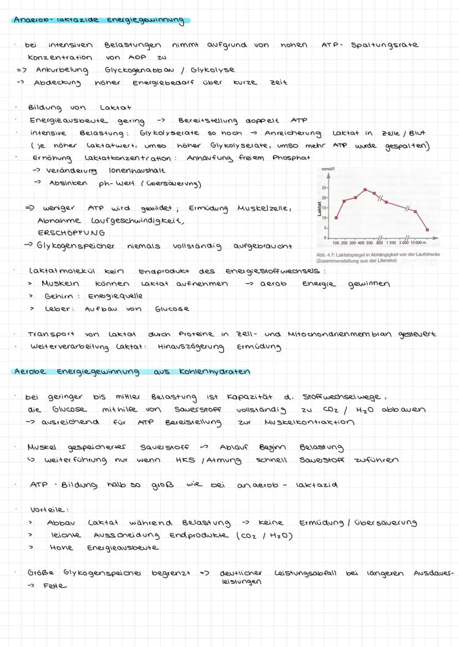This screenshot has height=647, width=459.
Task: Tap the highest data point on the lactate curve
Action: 365,189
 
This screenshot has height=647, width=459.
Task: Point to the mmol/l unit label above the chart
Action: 329,168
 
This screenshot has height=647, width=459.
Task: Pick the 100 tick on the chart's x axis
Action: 336,243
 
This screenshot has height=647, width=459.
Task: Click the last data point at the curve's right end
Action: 427,229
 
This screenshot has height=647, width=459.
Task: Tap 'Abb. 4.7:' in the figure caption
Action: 327,255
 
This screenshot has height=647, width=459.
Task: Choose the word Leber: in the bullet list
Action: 58,309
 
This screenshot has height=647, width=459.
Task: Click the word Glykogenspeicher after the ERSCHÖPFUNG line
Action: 75,246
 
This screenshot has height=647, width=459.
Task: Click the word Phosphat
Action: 291,157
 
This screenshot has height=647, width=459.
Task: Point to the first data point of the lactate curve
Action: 336,218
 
